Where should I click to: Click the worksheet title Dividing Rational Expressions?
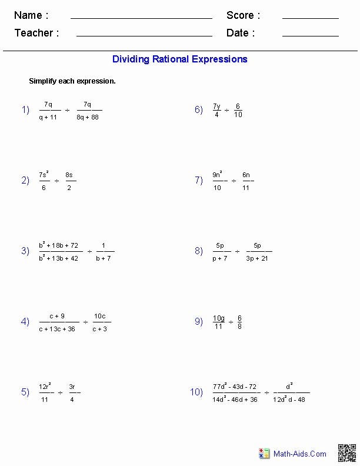tap(180, 59)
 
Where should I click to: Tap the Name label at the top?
tap(31, 15)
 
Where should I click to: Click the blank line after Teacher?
tap(144, 36)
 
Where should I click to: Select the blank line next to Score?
tap(310, 18)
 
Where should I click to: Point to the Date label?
tap(241, 33)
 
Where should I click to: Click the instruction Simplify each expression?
tap(72, 81)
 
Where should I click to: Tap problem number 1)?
tap(25, 109)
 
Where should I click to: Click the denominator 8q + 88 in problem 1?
tap(87, 117)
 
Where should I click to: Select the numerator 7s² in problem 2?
tap(44, 175)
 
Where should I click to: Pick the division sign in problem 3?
tap(90, 251)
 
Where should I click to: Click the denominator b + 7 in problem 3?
tap(103, 258)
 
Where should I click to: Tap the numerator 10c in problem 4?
tap(100, 316)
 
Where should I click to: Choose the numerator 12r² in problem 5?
tap(45, 387)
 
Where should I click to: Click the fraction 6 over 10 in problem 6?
tap(238, 110)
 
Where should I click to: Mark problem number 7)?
tap(199, 181)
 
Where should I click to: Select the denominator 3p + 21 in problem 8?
tap(257, 258)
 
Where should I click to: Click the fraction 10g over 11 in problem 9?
tap(219, 322)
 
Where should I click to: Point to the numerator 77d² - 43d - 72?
tap(235, 387)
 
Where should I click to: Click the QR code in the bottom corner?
tap(346, 453)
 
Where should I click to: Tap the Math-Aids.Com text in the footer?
tap(300, 454)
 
